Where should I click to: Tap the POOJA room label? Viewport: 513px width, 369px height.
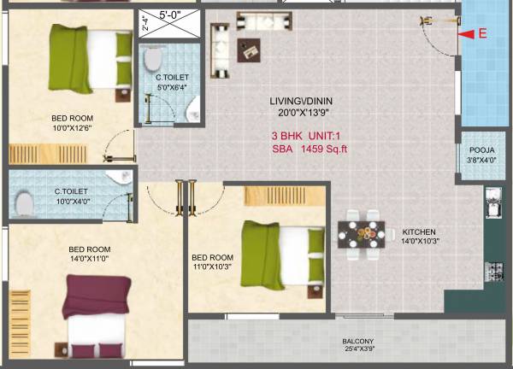[x=478, y=149]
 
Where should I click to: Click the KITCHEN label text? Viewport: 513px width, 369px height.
[x=419, y=231]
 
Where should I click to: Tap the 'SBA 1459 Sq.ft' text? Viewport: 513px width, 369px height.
[x=309, y=149]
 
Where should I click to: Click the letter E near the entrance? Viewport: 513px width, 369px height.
[x=482, y=35]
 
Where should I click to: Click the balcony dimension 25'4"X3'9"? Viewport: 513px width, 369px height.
[x=360, y=348]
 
